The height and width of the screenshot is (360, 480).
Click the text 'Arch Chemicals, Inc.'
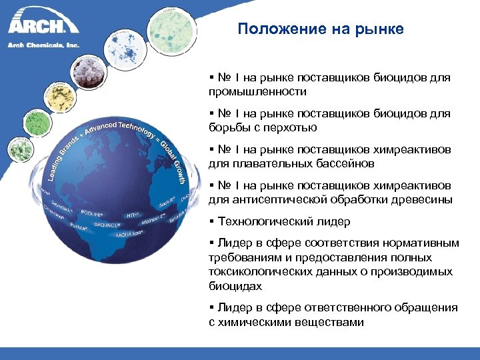[43, 45]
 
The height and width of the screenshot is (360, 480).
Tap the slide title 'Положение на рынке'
[321, 29]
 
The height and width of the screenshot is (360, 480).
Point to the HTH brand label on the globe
[132, 215]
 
